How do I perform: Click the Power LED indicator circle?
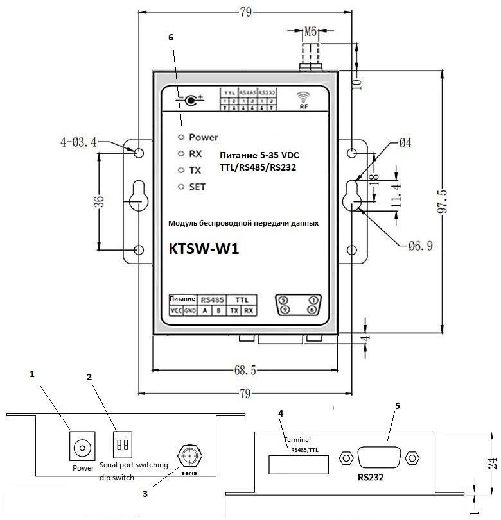[182, 137]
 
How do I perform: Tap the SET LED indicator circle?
[182, 187]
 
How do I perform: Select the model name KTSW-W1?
[204, 249]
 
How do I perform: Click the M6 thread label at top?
[312, 31]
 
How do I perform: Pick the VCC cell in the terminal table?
[176, 311]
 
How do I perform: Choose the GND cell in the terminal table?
[190, 311]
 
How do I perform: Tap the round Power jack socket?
[82, 446]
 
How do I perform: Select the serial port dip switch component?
[122, 443]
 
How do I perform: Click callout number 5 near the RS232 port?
[398, 406]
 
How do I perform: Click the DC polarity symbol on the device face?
[191, 99]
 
